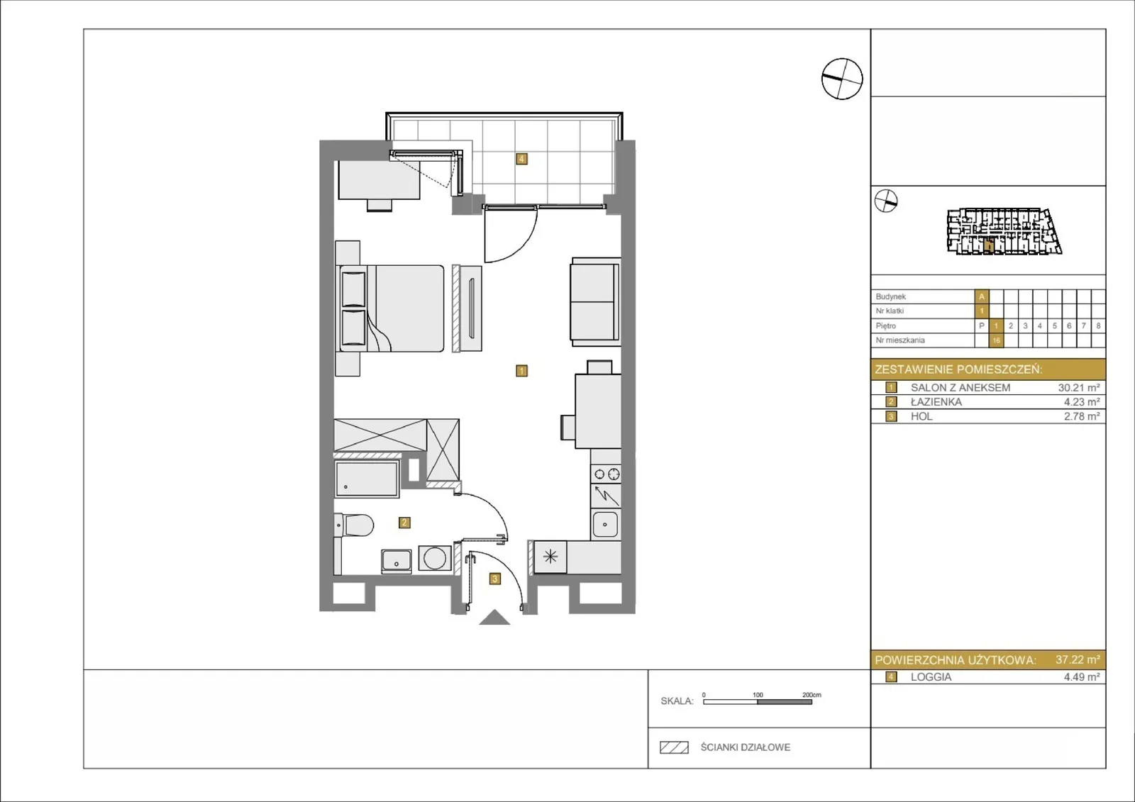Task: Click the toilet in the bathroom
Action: (355, 525)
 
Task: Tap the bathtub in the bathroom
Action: (366, 479)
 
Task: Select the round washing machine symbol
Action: (435, 558)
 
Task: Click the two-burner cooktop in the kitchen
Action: (606, 474)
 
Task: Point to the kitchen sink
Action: (605, 525)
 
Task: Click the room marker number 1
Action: (521, 371)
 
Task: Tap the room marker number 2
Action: (404, 523)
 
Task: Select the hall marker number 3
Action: (495, 579)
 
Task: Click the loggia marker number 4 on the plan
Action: (521, 159)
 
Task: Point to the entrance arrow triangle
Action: (494, 618)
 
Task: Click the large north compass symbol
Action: (841, 79)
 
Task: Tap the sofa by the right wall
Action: (596, 302)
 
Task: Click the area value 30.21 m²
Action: (1079, 388)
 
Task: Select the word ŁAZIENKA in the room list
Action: (936, 402)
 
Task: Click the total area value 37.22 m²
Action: (1078, 659)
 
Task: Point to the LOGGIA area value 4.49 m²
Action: (1082, 677)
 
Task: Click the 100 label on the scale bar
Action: (758, 695)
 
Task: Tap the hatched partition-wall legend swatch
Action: (674, 747)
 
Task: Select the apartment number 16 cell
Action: (996, 340)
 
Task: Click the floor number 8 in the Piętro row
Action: (1099, 325)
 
